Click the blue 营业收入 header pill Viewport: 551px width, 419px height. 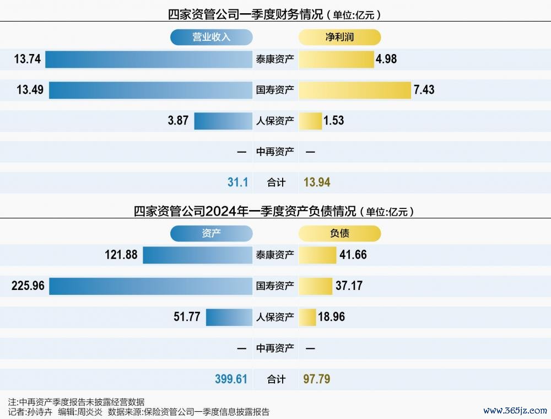(211, 37)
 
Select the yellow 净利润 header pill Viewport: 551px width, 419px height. (339, 37)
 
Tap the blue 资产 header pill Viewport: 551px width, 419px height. (211, 234)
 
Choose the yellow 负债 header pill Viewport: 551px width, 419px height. (339, 234)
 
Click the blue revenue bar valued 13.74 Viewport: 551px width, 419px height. (149, 59)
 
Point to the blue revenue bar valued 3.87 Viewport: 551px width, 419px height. (223, 121)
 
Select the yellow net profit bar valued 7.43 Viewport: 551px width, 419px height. (355, 90)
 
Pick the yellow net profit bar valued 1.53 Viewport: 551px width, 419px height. (310, 121)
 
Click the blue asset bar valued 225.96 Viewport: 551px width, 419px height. (150, 286)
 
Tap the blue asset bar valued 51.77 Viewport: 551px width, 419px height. (229, 317)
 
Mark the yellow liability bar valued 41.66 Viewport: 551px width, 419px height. (317, 255)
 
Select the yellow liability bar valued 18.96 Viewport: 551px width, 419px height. (307, 317)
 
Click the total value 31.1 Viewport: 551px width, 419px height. (237, 182)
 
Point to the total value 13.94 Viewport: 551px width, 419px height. (317, 182)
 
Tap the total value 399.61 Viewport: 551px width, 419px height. (231, 379)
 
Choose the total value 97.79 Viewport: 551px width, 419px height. (317, 379)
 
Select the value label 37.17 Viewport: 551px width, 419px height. (349, 286)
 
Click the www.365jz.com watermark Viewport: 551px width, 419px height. (515, 411)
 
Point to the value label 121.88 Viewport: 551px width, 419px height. (121, 255)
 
